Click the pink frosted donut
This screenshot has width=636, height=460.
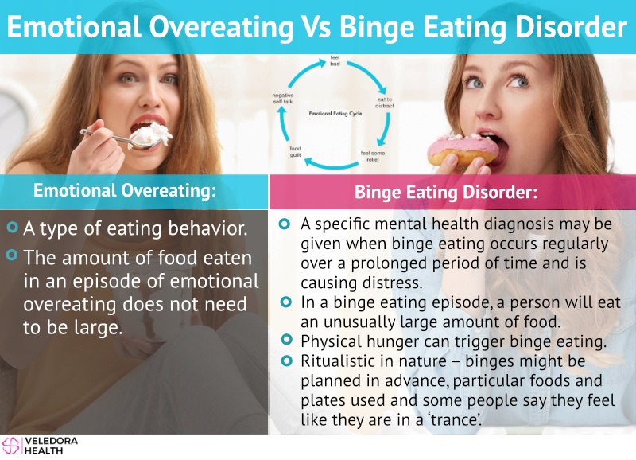pos(463,150)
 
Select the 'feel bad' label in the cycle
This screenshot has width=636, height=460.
pos(335,60)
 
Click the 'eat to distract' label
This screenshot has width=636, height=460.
pos(385,103)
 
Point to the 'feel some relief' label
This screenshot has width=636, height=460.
pos(372,156)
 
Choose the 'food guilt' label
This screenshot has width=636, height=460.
pos(295,152)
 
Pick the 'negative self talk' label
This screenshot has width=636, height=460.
pos(283,98)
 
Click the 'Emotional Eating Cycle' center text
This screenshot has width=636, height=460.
pos(335,114)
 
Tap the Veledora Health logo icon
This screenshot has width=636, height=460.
pos(11,446)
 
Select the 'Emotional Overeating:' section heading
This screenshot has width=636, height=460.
pos(125,190)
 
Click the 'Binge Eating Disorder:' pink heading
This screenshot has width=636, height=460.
pos(446,192)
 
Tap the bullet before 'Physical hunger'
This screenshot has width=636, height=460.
pos(286,339)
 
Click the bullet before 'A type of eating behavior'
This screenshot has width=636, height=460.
pos(13,227)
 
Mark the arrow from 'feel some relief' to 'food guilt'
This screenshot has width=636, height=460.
pos(331,165)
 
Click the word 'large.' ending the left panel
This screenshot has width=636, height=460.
pos(98,328)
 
